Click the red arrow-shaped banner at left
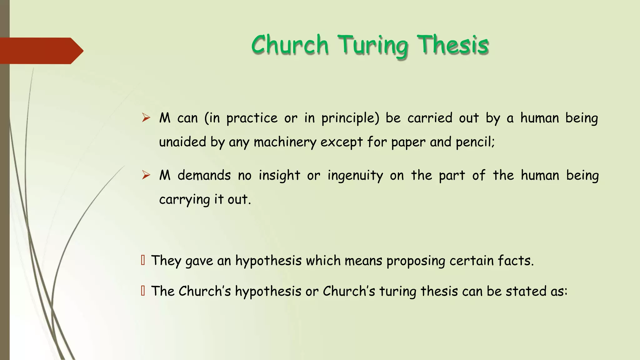tap(41, 51)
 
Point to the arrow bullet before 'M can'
tap(146, 118)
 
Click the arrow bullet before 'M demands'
tap(146, 175)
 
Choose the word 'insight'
tap(279, 176)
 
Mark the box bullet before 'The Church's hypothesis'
tap(143, 291)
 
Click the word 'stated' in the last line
tap(526, 291)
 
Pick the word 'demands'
tap(204, 175)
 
